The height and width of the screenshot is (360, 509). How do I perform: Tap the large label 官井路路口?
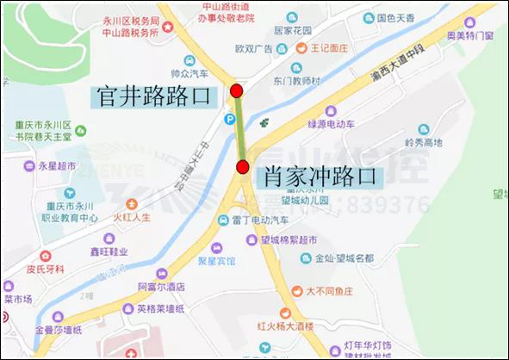tap(152, 96)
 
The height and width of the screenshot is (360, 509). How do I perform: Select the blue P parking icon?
tap(230, 119)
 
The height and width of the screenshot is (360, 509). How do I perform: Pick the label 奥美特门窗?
tap(469, 35)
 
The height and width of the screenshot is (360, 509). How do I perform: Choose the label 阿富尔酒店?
tap(162, 286)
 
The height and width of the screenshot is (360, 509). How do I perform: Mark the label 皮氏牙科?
tap(44, 269)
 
